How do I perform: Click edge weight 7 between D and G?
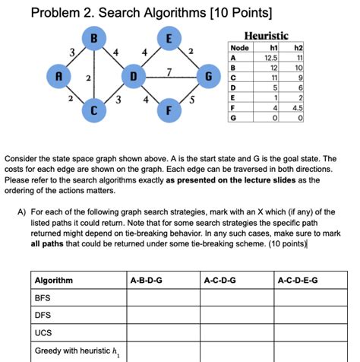pos(169,72)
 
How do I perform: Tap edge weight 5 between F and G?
pos(193,99)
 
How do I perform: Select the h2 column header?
pos(302,48)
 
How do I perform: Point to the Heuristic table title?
pos(265,35)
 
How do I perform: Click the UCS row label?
pos(43,332)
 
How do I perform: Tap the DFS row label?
pos(43,315)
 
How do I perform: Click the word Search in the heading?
pos(119,13)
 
